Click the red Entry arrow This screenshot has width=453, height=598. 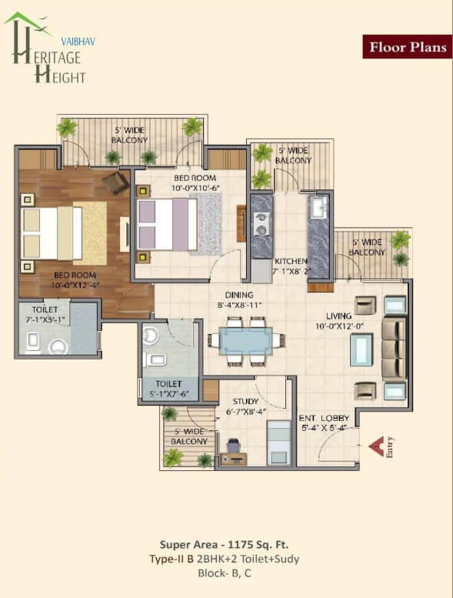click(377, 446)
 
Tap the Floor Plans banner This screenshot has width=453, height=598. click(408, 46)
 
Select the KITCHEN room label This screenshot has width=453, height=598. click(291, 261)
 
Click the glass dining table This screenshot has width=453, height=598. click(246, 341)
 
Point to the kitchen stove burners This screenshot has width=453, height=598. click(261, 224)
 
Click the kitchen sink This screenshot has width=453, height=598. click(318, 208)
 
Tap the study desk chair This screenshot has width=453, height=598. click(233, 446)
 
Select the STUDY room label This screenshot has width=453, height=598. click(246, 401)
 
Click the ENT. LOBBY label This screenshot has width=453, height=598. click(324, 418)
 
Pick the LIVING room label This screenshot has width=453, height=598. click(338, 316)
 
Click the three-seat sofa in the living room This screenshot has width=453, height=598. click(394, 349)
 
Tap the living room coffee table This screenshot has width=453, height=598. click(361, 349)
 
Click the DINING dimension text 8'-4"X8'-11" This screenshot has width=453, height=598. click(239, 305)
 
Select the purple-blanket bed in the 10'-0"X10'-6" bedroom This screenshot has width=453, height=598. click(167, 224)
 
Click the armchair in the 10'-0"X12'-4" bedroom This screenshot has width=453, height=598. click(115, 182)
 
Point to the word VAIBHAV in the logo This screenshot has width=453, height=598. click(78, 42)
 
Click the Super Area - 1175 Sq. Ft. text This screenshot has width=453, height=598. click(224, 544)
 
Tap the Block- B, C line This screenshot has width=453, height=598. click(225, 573)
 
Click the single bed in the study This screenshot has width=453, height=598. click(278, 443)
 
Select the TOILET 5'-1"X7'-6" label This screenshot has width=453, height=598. click(168, 389)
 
